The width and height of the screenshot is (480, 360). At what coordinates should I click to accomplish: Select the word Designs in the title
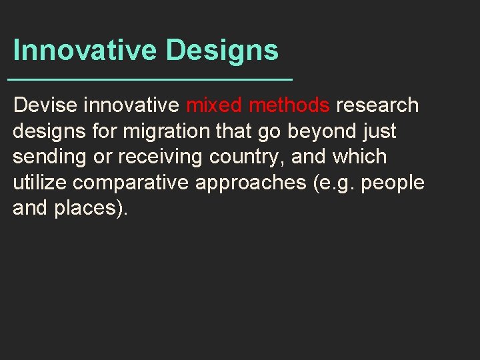[222, 51]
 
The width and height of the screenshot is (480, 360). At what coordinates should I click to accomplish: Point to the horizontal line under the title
[150, 79]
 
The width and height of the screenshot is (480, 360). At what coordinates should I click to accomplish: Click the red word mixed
[215, 105]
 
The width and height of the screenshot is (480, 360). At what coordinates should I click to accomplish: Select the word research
[377, 105]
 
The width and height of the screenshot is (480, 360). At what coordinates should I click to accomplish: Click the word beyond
[324, 131]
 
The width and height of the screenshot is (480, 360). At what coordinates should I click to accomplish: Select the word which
[360, 157]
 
